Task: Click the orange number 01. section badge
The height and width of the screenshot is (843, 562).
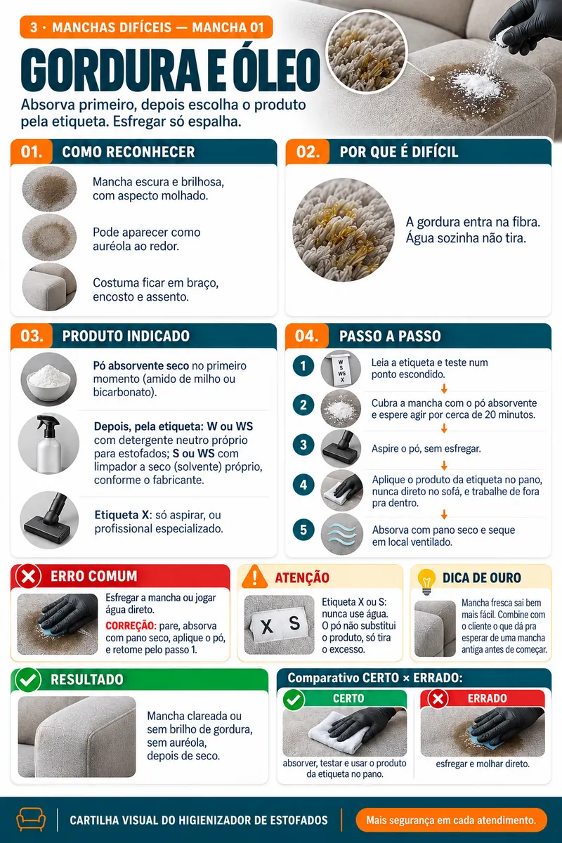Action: [x=32, y=152]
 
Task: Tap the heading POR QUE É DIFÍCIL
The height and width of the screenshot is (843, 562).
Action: [x=399, y=152]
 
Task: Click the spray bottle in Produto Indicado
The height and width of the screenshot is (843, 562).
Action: [x=49, y=444]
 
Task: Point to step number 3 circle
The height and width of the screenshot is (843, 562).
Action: [x=303, y=445]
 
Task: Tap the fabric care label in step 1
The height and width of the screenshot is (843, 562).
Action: [x=341, y=369]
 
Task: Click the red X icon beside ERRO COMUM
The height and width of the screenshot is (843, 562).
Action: [x=28, y=576]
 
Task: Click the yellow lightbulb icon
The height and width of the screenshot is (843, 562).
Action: [x=426, y=581]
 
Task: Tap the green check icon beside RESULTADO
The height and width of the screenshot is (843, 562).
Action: [x=28, y=680]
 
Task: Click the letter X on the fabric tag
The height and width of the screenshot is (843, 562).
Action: [x=267, y=627]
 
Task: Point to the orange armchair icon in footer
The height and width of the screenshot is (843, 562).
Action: [x=31, y=819]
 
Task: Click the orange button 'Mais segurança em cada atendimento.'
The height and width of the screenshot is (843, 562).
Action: [x=451, y=820]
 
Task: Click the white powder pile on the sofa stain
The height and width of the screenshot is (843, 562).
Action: [x=476, y=84]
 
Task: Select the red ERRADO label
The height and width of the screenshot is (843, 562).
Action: [x=487, y=698]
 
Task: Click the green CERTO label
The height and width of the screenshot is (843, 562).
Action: [x=348, y=698]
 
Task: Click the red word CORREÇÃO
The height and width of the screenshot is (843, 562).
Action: [x=130, y=626]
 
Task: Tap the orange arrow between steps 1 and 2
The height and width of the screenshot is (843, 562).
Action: [x=444, y=388]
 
